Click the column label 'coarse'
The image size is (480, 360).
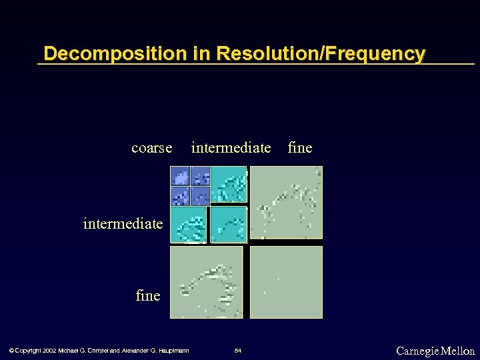click(x=151, y=147)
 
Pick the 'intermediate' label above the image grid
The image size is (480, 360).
click(x=231, y=147)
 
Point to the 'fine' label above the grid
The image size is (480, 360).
click(x=299, y=147)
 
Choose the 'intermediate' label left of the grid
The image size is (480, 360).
click(x=123, y=223)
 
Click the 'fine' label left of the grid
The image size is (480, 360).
click(x=147, y=295)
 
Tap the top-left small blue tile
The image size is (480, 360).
click(x=179, y=176)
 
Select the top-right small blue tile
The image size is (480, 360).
click(x=200, y=176)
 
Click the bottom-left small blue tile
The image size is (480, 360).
click(x=179, y=196)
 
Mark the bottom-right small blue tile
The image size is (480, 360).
click(x=200, y=196)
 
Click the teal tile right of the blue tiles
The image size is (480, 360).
click(x=229, y=185)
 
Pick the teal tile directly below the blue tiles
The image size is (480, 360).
click(x=188, y=225)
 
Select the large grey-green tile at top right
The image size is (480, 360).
click(x=286, y=203)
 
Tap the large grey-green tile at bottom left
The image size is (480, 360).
click(x=206, y=282)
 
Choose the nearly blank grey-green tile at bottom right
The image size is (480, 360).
click(x=286, y=282)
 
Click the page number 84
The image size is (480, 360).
click(x=238, y=351)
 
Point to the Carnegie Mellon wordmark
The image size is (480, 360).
click(x=435, y=351)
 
